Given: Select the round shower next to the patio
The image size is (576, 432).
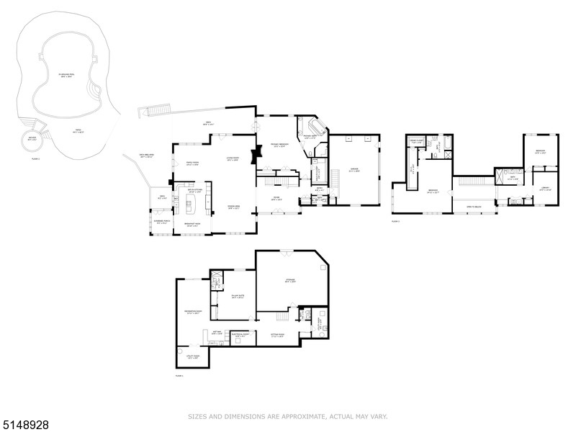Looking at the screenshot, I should pyautogui.click(x=32, y=140).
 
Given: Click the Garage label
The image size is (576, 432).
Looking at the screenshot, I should pyautogui.click(x=354, y=171).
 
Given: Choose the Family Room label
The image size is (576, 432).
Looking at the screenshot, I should pyautogui.click(x=192, y=163).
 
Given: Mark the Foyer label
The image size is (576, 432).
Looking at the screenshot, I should pyautogui.click(x=276, y=198).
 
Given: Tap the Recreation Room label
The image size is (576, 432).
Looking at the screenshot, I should pyautogui.click(x=192, y=313).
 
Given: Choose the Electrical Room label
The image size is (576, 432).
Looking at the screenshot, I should pyautogui.click(x=240, y=335).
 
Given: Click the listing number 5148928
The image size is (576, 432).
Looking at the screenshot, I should pyautogui.click(x=25, y=425).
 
